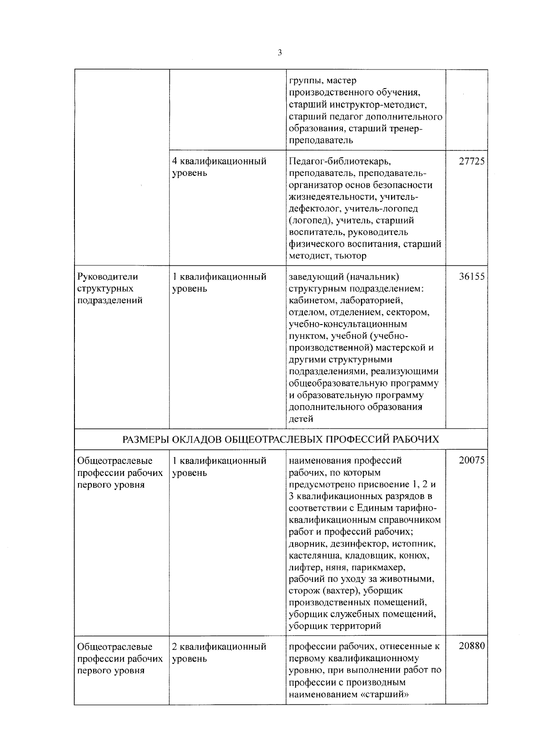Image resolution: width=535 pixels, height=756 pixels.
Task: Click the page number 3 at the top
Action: click(280, 53)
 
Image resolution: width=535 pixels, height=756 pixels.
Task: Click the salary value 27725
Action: click(472, 161)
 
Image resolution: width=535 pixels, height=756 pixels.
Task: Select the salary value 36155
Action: click(472, 277)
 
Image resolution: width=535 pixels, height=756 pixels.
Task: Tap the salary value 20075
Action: click(472, 461)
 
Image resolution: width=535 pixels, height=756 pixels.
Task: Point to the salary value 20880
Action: click(472, 646)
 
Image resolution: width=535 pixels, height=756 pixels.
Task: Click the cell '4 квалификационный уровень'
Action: click(219, 167)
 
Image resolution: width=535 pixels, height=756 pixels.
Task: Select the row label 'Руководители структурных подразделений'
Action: click(110, 289)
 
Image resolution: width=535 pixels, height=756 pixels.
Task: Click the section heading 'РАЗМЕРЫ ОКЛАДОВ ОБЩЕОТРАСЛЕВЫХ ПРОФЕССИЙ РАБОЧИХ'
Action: click(280, 440)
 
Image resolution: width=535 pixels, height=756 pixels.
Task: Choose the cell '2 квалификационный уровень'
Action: click(219, 652)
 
